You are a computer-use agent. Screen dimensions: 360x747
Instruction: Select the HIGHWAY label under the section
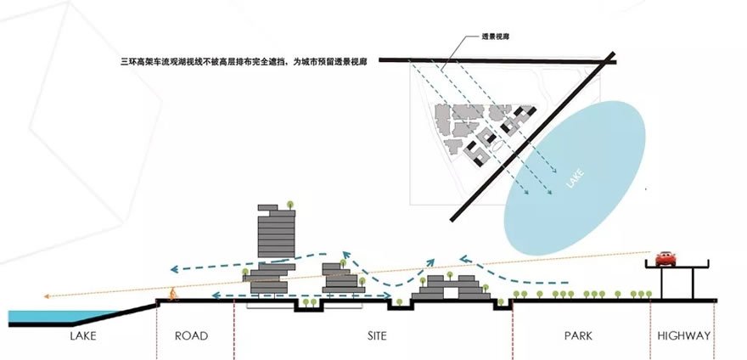(x=683, y=336)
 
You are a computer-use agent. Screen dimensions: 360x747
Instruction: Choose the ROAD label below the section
(x=191, y=336)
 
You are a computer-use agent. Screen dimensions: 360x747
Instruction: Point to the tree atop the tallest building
(x=290, y=205)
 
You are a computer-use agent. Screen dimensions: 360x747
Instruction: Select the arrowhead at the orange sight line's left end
(x=48, y=296)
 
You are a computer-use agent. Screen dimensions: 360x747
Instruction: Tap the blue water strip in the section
(x=38, y=318)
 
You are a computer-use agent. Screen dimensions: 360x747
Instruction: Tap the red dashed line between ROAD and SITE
(x=233, y=327)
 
